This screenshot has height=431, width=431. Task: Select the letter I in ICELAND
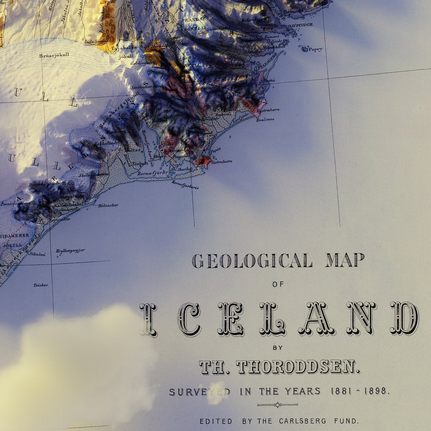click(x=148, y=319)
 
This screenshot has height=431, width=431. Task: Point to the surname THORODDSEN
click(x=298, y=367)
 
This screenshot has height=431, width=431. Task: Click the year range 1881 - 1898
click(x=360, y=391)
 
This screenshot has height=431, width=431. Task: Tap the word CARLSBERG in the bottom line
click(x=303, y=421)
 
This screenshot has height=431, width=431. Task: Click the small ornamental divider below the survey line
click(x=278, y=405)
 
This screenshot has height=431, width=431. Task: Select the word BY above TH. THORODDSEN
click(x=278, y=347)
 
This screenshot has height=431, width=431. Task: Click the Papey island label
click(x=315, y=49)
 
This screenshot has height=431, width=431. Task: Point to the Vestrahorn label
click(x=221, y=162)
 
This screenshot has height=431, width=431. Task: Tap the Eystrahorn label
click(x=268, y=110)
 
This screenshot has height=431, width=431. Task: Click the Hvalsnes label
click(x=265, y=120)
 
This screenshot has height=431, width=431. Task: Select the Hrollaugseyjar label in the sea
click(x=70, y=251)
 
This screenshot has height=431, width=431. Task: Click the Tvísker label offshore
click(x=41, y=285)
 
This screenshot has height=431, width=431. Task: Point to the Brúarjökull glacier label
click(x=54, y=55)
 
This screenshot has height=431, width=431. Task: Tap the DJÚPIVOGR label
click(x=300, y=25)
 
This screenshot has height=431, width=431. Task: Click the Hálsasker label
click(x=108, y=205)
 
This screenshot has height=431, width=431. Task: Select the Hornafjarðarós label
click(x=185, y=185)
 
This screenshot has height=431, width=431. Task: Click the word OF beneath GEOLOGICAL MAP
click(x=278, y=284)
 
